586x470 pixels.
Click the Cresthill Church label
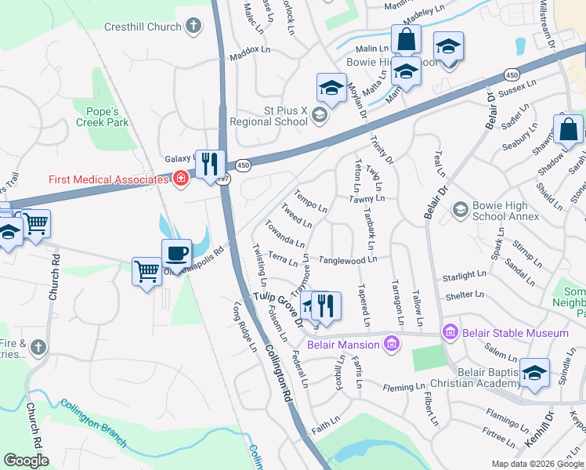(143, 27)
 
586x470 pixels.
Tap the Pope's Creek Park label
(102, 116)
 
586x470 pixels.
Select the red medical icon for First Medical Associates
(181, 179)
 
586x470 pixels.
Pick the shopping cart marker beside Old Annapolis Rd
(146, 272)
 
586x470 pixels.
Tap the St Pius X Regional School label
(269, 116)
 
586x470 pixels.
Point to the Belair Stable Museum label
(515, 334)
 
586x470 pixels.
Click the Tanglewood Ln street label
(349, 259)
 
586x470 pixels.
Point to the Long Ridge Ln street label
(244, 328)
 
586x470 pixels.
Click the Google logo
(27, 461)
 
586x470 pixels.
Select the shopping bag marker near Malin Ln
(406, 38)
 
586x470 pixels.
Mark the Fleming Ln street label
(403, 388)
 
